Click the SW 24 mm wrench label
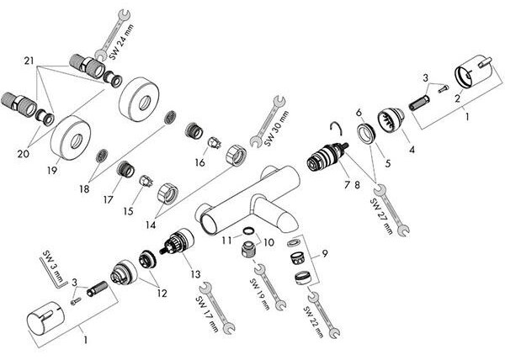(x=120, y=41)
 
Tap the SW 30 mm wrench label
(x=276, y=129)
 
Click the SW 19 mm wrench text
(x=259, y=294)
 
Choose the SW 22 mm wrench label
(x=313, y=321)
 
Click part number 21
(x=29, y=61)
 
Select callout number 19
(x=52, y=170)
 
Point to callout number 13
(x=195, y=274)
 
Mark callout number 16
(x=200, y=162)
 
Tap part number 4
(x=412, y=149)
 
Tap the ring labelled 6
(x=365, y=133)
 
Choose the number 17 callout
(x=109, y=200)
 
